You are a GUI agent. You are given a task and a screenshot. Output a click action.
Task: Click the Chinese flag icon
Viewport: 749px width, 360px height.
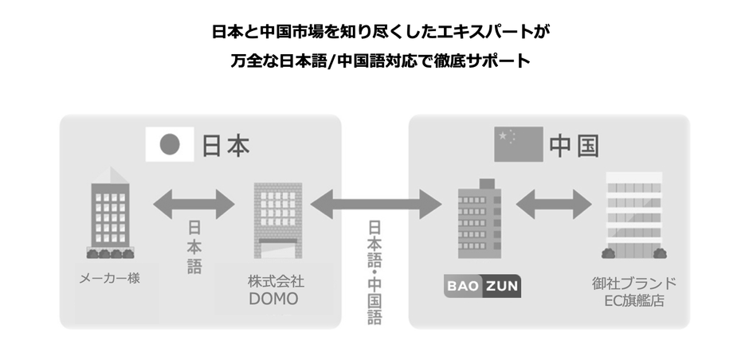(x=518, y=144)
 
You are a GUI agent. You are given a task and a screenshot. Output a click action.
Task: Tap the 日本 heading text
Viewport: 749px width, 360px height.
(x=225, y=146)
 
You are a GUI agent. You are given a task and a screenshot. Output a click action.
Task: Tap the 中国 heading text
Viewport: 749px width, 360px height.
(x=574, y=145)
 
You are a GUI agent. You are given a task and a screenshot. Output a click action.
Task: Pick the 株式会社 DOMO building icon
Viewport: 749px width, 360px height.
(x=276, y=219)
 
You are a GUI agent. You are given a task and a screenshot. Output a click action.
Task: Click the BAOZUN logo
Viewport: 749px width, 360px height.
(x=482, y=284)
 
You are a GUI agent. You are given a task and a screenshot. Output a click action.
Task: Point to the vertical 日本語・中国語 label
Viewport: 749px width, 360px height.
(x=374, y=272)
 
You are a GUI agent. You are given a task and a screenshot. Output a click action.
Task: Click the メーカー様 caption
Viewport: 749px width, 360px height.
(x=110, y=279)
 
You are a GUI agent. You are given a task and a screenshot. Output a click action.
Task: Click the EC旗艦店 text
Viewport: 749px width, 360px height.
(x=634, y=300)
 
